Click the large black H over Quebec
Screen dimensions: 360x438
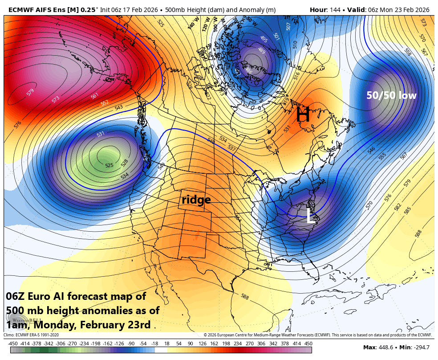point(303,115)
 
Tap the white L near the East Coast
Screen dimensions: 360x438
point(311,217)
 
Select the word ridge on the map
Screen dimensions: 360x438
point(196,200)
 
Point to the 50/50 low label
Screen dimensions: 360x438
point(391,95)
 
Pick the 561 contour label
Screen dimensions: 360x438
point(94,96)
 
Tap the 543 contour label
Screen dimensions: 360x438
point(119,107)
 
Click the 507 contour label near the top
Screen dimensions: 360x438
point(288,27)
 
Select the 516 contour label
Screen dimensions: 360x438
point(296,76)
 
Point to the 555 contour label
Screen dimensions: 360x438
point(382,156)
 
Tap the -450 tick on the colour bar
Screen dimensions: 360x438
point(13,344)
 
